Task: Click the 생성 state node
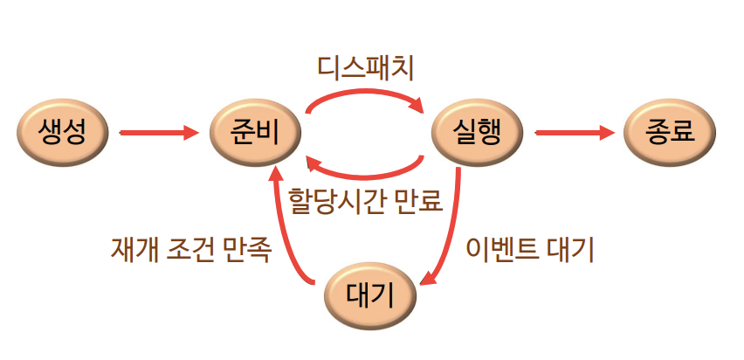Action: [x=62, y=133]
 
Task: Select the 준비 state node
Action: [x=257, y=133]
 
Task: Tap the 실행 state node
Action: [x=478, y=133]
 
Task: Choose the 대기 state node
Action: [x=369, y=296]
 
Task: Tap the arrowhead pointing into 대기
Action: [x=426, y=281]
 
